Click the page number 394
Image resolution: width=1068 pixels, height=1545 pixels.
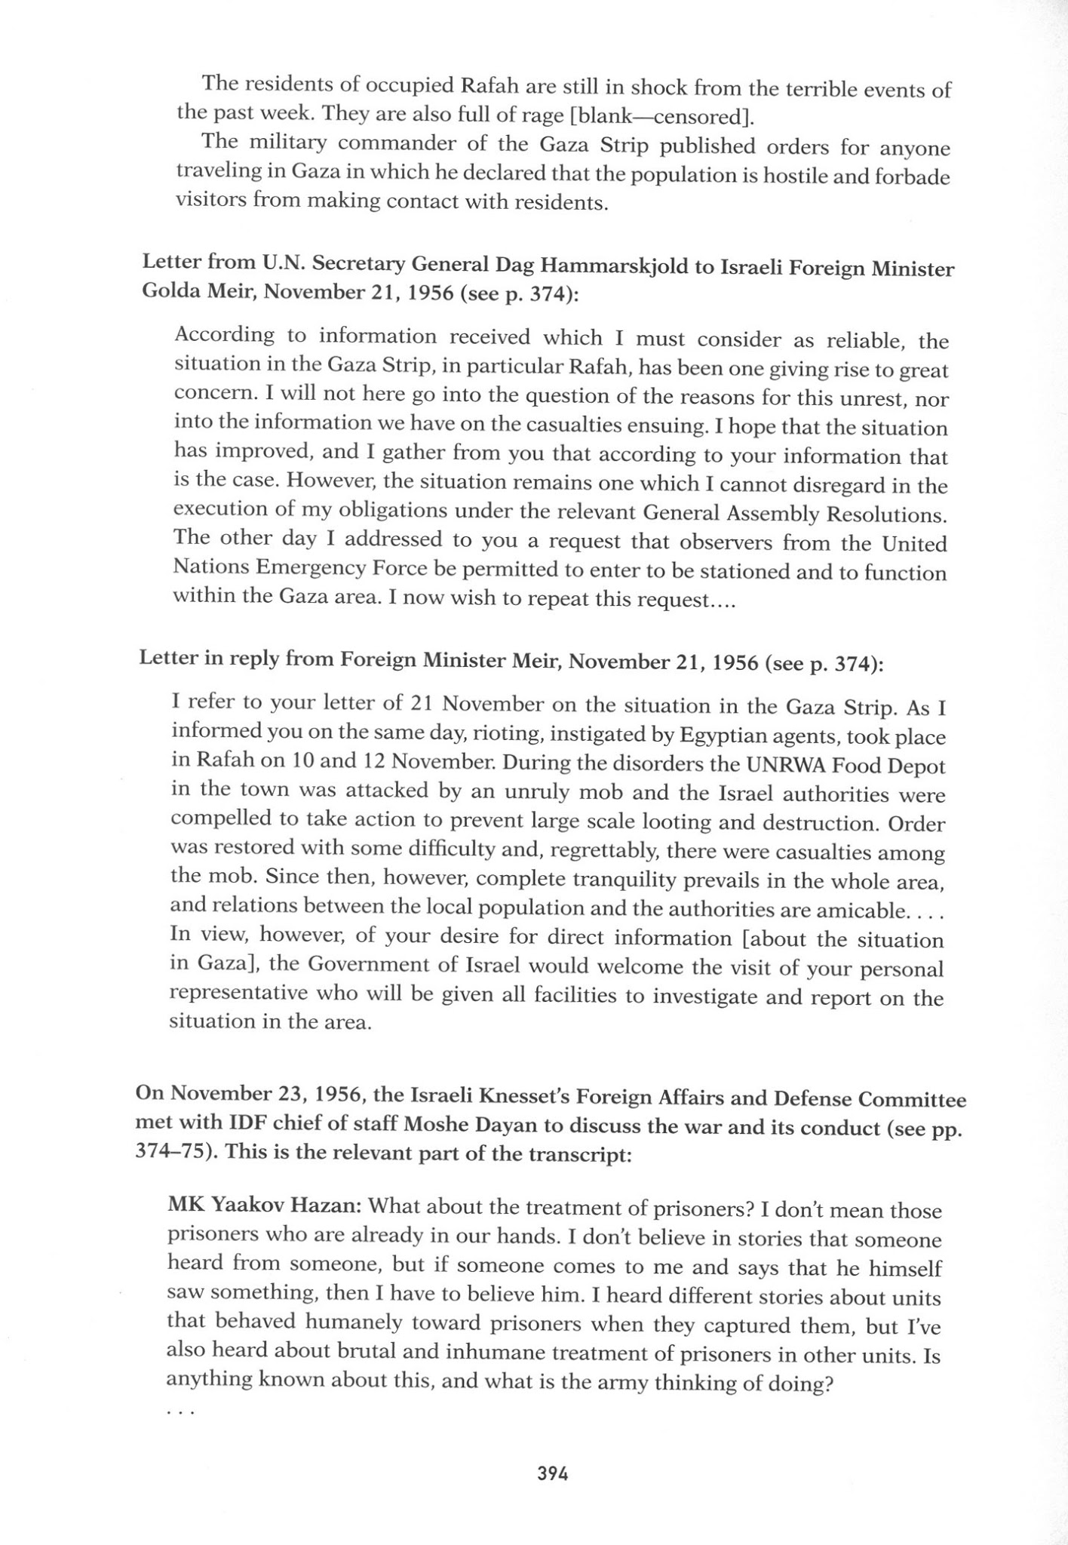(x=552, y=1473)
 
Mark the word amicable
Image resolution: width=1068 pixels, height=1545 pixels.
(x=860, y=910)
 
